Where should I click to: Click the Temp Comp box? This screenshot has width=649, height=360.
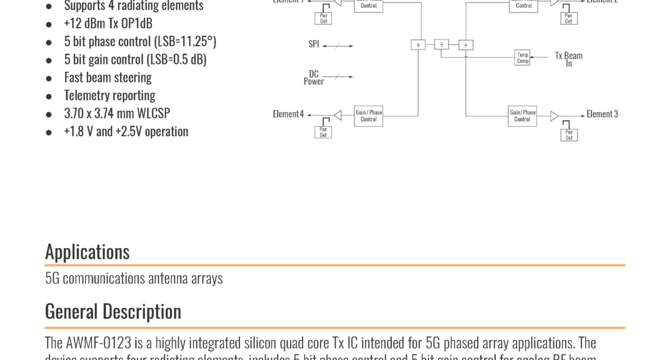[523, 58]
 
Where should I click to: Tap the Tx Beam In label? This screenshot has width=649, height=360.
[568, 59]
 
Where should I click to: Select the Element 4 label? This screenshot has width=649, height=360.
[288, 114]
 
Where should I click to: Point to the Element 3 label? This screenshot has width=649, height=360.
[602, 114]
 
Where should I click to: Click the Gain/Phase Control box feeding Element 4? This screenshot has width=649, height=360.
[368, 116]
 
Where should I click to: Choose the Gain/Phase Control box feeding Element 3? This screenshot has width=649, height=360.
[522, 116]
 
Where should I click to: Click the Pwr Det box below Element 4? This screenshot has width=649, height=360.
[323, 132]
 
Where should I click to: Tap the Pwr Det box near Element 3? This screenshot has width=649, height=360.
[569, 134]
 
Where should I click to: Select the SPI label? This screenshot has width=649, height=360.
[314, 44]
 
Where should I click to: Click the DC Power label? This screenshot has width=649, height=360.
[314, 77]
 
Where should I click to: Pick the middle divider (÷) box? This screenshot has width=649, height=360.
[441, 44]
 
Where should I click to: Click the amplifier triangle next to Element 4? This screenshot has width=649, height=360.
[338, 115]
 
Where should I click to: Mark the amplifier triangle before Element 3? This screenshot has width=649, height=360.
[554, 116]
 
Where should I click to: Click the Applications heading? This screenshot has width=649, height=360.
[87, 251]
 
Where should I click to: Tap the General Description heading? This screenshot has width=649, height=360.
[113, 311]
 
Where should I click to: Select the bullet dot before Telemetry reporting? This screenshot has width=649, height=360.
[49, 96]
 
